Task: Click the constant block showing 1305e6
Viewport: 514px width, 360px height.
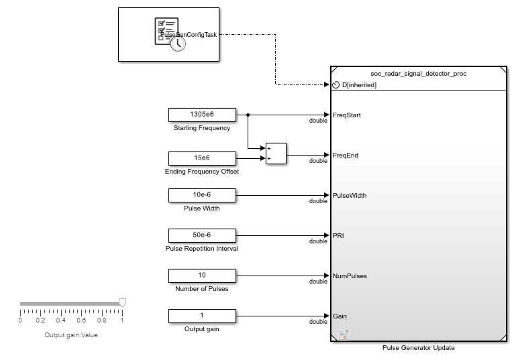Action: [x=202, y=115]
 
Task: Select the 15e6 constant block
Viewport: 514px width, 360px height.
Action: [x=202, y=158]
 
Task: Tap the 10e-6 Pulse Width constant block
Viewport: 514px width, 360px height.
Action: [x=202, y=195]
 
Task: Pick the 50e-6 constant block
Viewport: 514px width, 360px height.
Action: [x=202, y=235]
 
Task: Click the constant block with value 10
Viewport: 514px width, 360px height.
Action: [x=202, y=276]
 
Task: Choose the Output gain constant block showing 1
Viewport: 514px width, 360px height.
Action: [x=202, y=315]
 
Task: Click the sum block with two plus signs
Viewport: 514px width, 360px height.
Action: [x=275, y=154]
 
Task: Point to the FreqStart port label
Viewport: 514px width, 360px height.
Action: [x=347, y=115]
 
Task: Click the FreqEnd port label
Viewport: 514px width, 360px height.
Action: [x=346, y=156]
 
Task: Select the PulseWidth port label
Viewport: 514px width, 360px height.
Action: [x=349, y=196]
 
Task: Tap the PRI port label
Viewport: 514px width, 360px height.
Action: [x=339, y=236]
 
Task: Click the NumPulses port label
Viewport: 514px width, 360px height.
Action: [x=350, y=276]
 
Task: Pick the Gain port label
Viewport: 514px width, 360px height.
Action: [x=340, y=316]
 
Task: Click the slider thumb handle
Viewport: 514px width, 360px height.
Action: [x=122, y=303]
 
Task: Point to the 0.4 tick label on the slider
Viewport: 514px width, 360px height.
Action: [x=60, y=320]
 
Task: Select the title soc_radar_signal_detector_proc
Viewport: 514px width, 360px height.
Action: [x=418, y=73]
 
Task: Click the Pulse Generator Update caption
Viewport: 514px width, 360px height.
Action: [x=418, y=347]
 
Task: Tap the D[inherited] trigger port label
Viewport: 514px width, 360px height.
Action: [x=359, y=85]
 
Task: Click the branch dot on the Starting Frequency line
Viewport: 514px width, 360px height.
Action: [x=248, y=115]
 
